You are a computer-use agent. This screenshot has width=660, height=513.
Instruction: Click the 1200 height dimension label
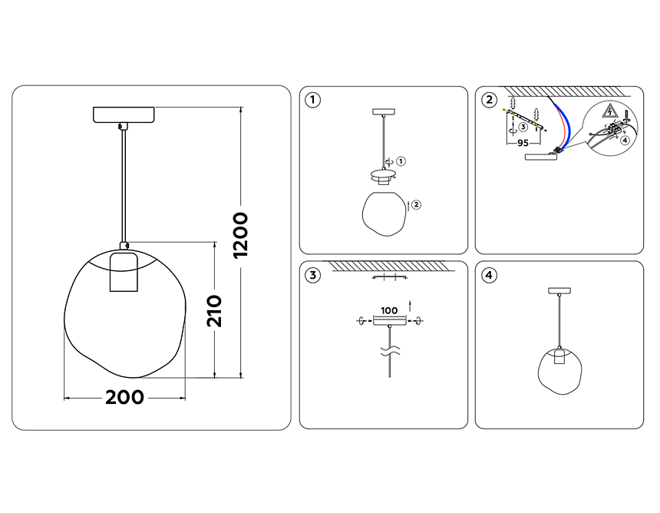tap(241, 235)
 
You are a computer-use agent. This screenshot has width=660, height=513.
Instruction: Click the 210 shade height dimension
tap(214, 311)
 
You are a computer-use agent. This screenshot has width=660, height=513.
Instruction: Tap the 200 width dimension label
tap(124, 397)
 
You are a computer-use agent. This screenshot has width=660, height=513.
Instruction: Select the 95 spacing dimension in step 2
tap(523, 143)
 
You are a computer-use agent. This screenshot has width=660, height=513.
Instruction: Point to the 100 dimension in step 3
tap(389, 311)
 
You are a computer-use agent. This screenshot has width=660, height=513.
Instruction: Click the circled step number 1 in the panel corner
tap(312, 101)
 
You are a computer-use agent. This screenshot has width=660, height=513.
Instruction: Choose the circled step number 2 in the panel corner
tap(489, 101)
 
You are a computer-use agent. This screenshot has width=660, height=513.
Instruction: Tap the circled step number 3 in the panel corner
tap(312, 276)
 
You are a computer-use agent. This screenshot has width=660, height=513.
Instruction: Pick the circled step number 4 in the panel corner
tap(489, 276)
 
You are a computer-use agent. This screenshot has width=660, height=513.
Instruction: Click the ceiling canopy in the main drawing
tap(124, 114)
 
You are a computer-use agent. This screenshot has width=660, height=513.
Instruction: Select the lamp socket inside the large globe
tap(124, 272)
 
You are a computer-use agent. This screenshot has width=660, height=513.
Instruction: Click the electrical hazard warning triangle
tap(609, 111)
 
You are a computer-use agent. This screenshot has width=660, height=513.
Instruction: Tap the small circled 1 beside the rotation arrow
tap(401, 161)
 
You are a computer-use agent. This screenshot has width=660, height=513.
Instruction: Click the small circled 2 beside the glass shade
tap(416, 205)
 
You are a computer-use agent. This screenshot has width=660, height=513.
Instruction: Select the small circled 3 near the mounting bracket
tap(523, 127)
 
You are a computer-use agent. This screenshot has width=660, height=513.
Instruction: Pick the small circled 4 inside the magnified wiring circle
tap(625, 140)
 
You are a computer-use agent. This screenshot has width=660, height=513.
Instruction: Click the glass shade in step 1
tap(384, 213)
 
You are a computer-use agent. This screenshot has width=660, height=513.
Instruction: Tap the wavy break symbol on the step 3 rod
tap(390, 351)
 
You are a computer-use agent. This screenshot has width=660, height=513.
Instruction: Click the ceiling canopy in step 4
tap(559, 290)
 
